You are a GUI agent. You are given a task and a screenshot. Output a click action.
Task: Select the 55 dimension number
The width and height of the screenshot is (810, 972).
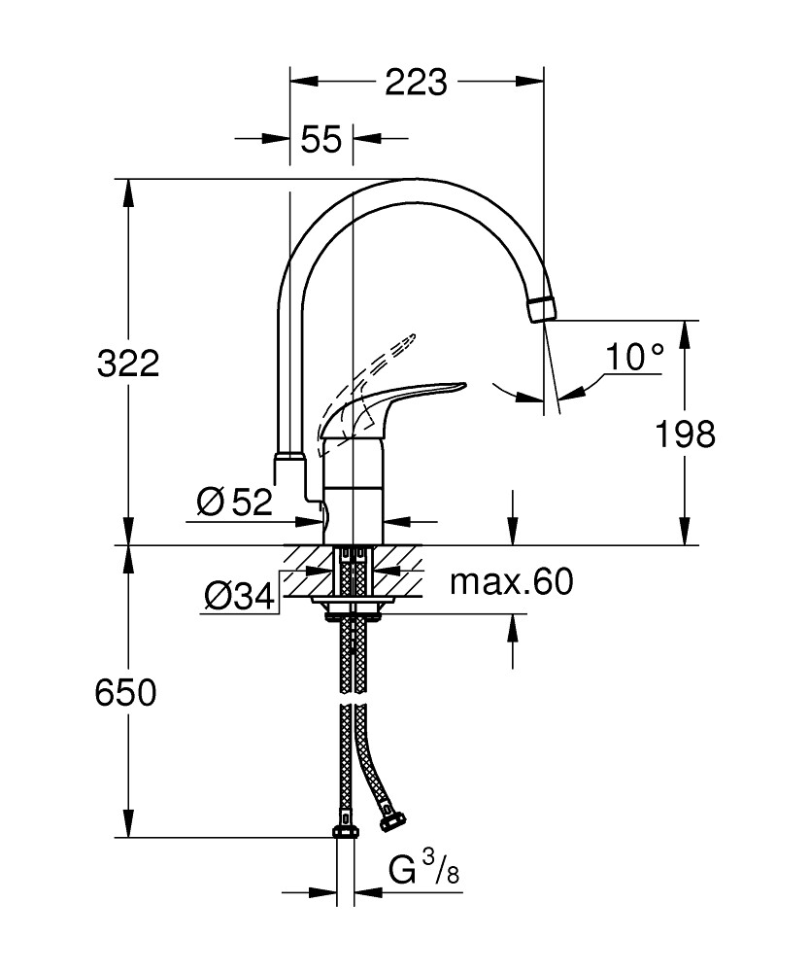pos(321,139)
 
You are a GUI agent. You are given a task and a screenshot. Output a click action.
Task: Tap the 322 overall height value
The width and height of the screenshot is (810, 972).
pos(128,364)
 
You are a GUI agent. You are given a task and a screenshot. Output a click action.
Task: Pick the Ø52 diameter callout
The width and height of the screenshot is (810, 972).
pos(234,502)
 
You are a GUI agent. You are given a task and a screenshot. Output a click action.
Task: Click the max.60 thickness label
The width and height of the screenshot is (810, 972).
pos(512,582)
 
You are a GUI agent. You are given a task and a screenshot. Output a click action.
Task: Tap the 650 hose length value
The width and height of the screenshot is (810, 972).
pos(125,693)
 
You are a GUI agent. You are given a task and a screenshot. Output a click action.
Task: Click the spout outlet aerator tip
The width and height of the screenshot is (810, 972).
pos(542,309)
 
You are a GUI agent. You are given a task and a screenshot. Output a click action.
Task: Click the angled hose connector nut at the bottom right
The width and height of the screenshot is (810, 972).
pos(391,820)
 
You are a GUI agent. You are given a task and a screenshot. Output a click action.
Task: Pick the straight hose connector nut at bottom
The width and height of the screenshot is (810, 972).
pos(345,829)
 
